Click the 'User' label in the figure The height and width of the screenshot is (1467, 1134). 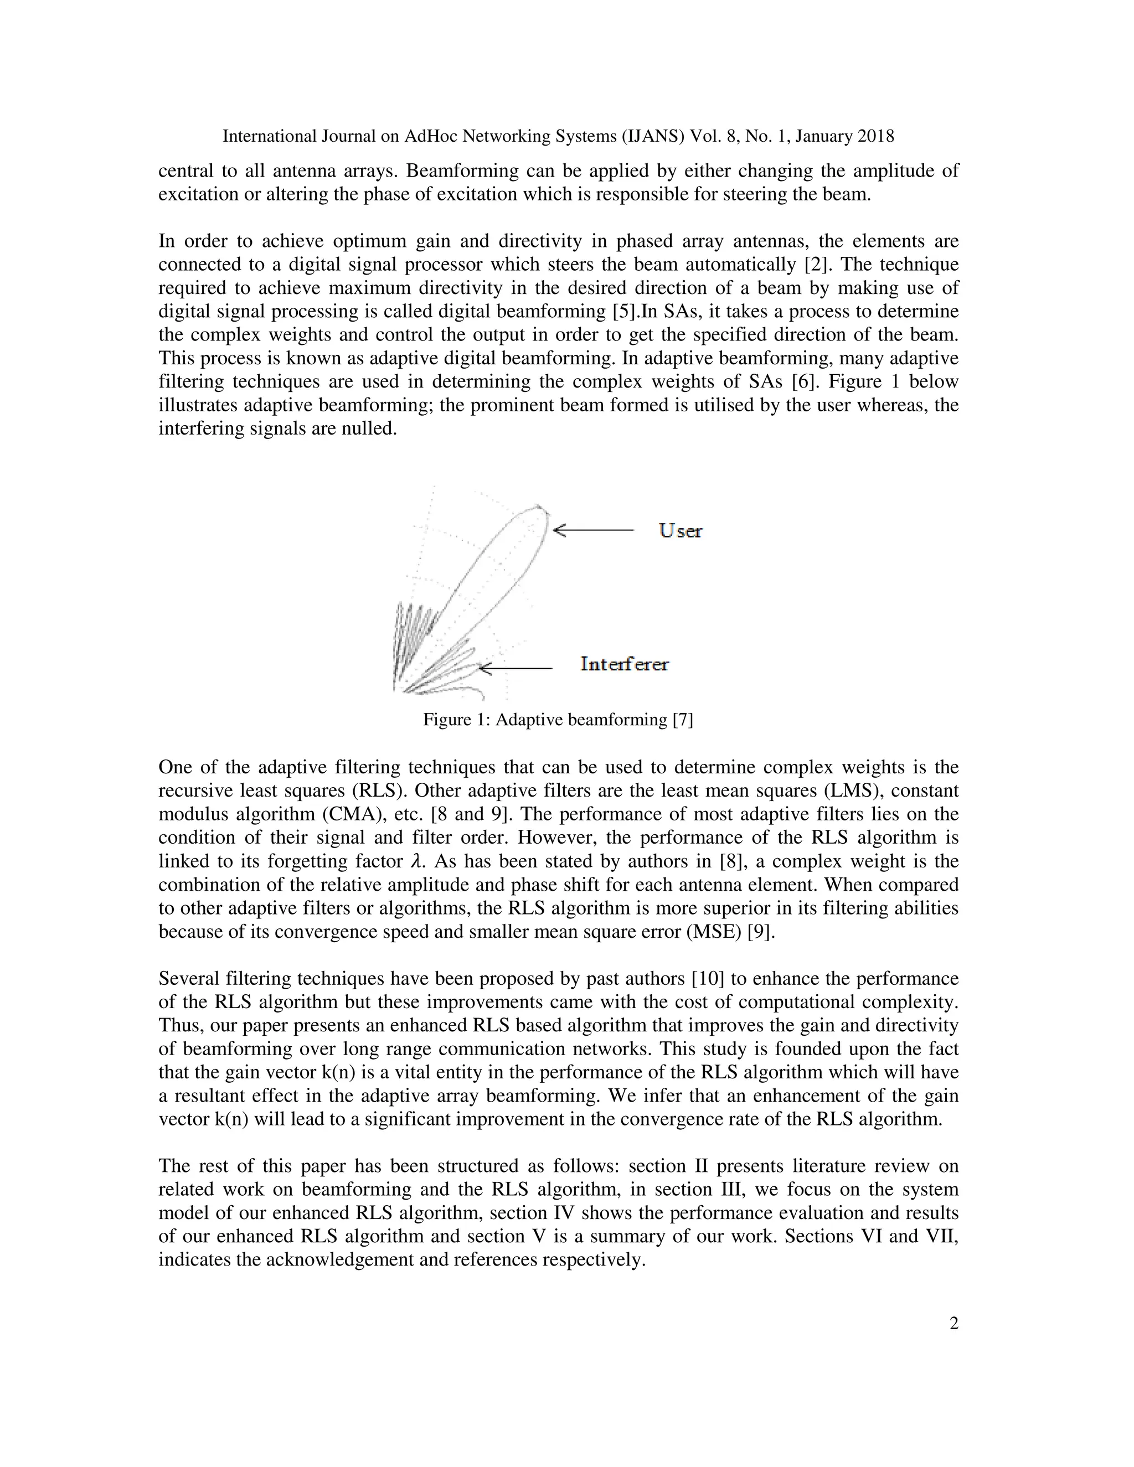point(680,531)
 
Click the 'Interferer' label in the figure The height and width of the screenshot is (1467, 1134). point(624,664)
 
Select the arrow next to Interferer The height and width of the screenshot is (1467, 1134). point(516,668)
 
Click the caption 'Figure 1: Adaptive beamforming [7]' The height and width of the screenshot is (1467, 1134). point(558,720)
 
